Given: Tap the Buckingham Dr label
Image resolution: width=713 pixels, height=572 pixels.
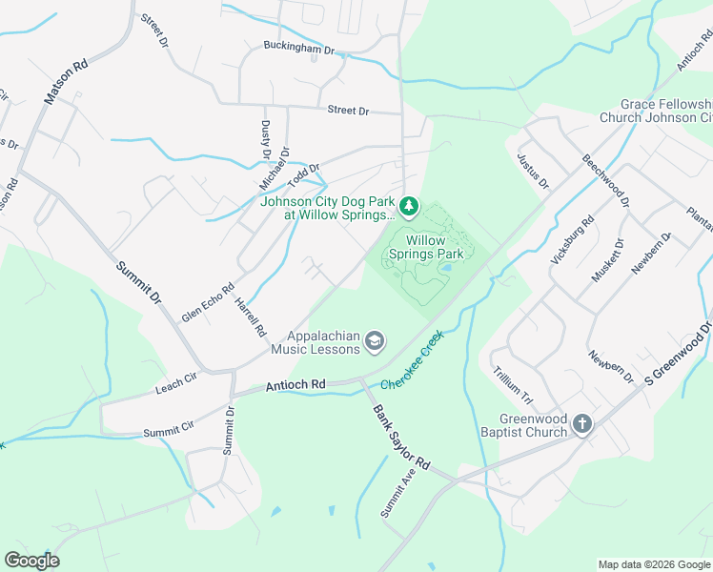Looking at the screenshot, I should (299, 48).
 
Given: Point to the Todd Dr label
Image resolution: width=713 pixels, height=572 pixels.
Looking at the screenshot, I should (304, 174).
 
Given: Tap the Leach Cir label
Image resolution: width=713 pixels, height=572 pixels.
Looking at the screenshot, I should (175, 387).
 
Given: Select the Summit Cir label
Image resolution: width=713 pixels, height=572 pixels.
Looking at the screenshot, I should (167, 432).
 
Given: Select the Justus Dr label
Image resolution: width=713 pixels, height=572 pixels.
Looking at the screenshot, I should (533, 169).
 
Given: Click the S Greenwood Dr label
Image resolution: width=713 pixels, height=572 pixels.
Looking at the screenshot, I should (678, 353).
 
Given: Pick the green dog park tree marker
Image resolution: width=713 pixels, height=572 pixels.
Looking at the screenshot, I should (408, 206).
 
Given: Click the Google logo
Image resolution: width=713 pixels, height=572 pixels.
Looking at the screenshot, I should (31, 561).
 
